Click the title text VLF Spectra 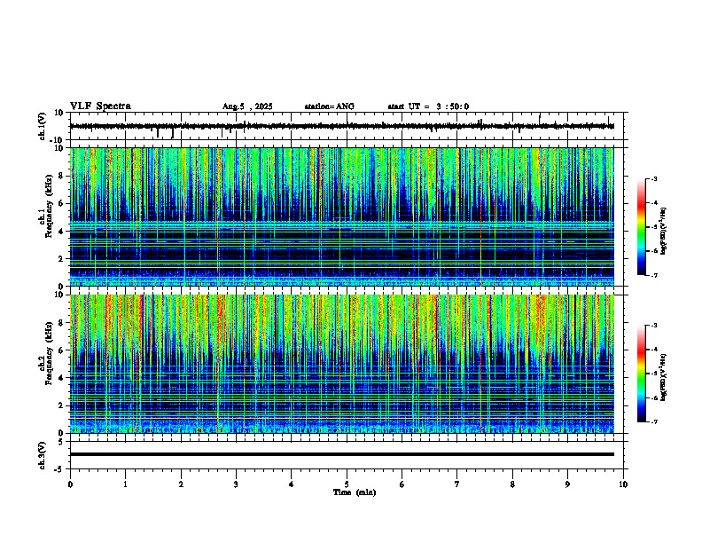click(x=100, y=106)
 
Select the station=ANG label click(x=329, y=106)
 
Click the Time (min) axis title click(x=354, y=492)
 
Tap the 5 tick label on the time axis click(x=347, y=484)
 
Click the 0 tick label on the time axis click(x=70, y=484)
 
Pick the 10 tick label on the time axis click(x=623, y=484)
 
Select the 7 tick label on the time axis click(x=457, y=484)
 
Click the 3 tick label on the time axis click(x=236, y=484)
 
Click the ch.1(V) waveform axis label click(x=43, y=127)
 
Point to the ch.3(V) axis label click(x=43, y=454)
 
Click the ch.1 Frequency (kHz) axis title click(x=45, y=216)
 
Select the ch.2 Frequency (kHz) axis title click(x=45, y=363)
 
